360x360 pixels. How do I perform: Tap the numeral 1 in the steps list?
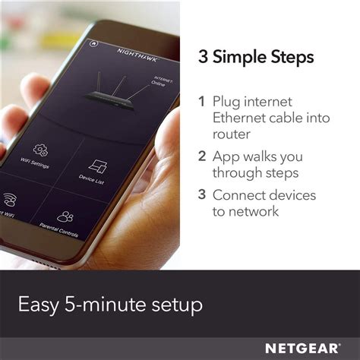coord(202,101)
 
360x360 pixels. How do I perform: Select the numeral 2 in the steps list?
coord(202,156)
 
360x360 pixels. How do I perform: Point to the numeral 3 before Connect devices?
coord(202,194)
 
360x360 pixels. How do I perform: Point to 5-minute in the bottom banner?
coord(101,306)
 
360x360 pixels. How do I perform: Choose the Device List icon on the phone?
coord(97,166)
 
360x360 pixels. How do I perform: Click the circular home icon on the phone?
coord(93,43)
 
